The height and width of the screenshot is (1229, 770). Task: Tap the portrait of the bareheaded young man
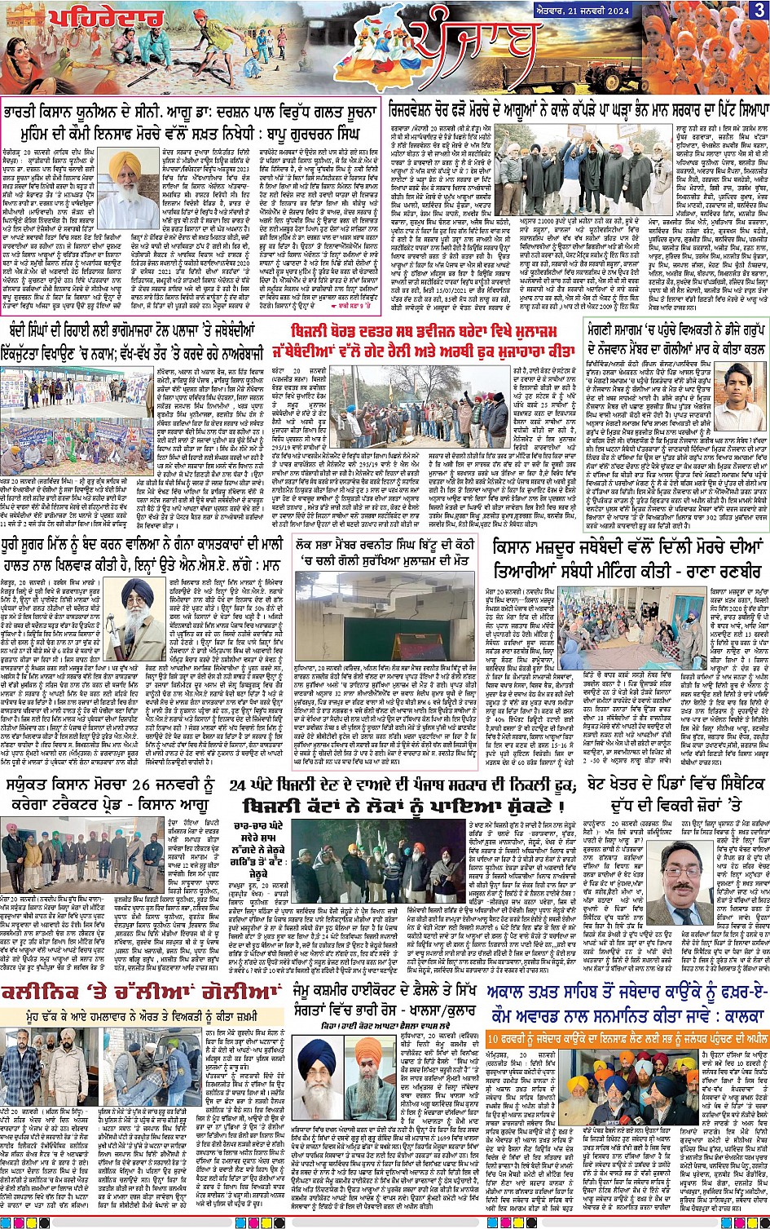click(x=733, y=387)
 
